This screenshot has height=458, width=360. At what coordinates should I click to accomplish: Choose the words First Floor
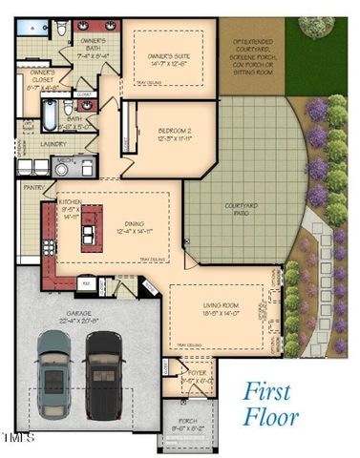click(x=271, y=403)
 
